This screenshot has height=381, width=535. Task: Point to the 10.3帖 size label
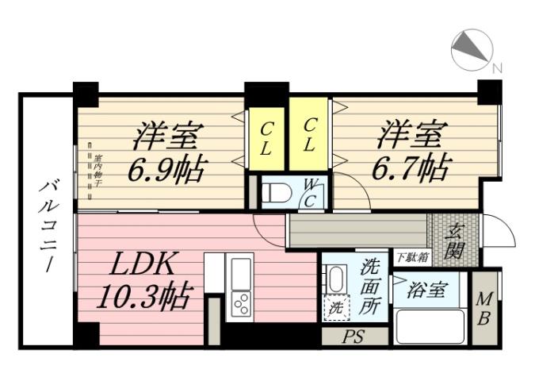tap(143, 297)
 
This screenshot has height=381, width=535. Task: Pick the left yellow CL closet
tap(268, 137)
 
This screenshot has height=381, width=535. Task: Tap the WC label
tap(311, 193)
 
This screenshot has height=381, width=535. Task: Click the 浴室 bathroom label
tap(426, 291)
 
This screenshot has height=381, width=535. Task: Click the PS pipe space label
tap(353, 337)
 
